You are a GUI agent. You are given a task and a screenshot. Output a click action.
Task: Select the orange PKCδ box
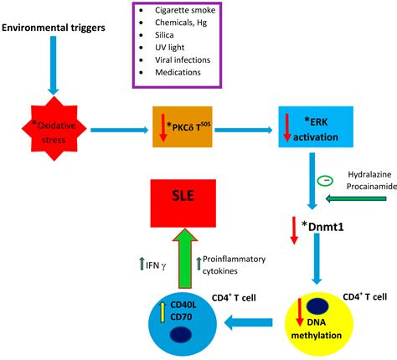(184, 127)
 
